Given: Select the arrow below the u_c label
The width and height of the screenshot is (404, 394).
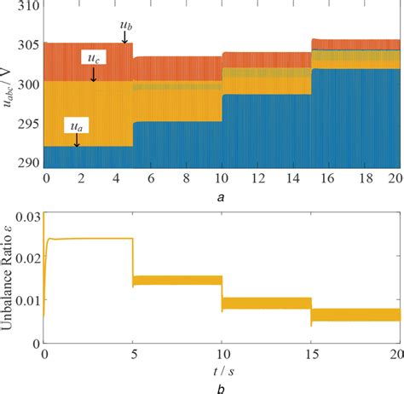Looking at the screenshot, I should pos(94,74).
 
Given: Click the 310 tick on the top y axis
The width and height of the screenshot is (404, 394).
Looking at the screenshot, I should pos(25,6).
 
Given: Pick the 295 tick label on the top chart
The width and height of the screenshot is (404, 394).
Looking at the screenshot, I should pos(25,124).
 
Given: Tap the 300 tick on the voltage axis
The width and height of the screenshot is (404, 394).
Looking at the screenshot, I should pos(25,84).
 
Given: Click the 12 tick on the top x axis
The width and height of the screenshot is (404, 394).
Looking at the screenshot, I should pos(266,177).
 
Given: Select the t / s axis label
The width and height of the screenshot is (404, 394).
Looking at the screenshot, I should pos(223,371).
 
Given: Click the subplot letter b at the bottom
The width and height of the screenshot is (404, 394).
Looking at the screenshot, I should pos(223,388).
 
